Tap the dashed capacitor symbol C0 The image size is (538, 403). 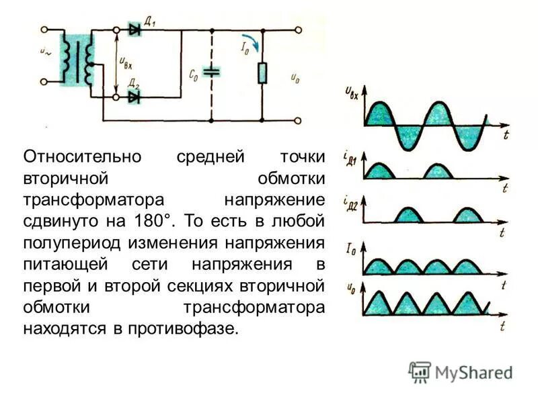click(x=212, y=72)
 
